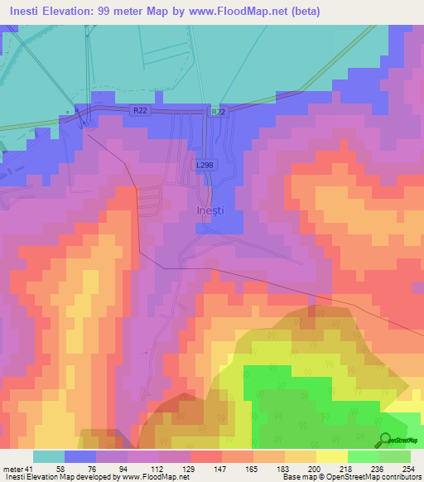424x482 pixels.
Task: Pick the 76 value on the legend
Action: click(x=80, y=468)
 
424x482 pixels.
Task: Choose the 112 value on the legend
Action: click(x=143, y=468)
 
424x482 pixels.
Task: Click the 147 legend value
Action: click(x=206, y=468)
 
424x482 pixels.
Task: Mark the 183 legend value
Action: click(x=269, y=468)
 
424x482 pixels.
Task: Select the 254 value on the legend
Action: click(x=395, y=468)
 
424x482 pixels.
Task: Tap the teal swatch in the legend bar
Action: click(x=49, y=456)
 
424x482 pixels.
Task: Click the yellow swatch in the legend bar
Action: click(x=332, y=456)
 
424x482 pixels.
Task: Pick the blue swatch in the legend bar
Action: click(x=80, y=456)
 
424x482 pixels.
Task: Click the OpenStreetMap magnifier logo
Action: click(x=385, y=439)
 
